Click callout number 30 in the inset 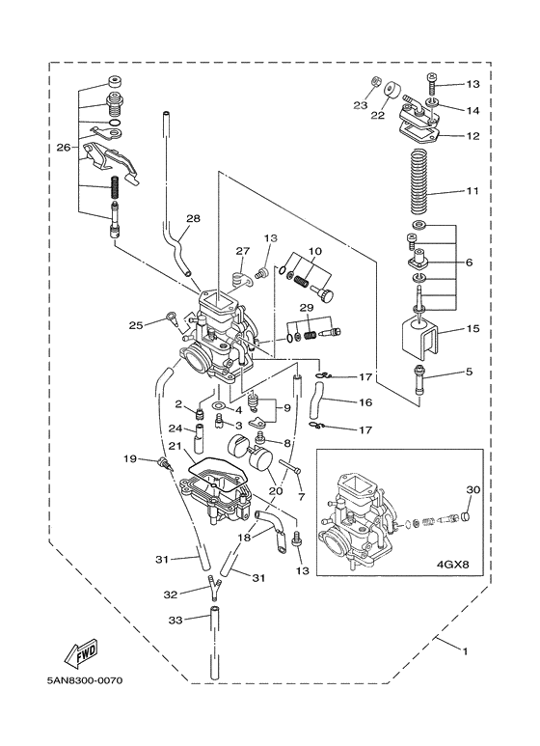click(472, 489)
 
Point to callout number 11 click(472, 192)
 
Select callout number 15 click(472, 329)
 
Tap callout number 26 click(63, 148)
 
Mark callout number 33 click(175, 619)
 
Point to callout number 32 click(170, 594)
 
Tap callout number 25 click(136, 324)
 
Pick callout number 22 click(376, 114)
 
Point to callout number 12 click(472, 136)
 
